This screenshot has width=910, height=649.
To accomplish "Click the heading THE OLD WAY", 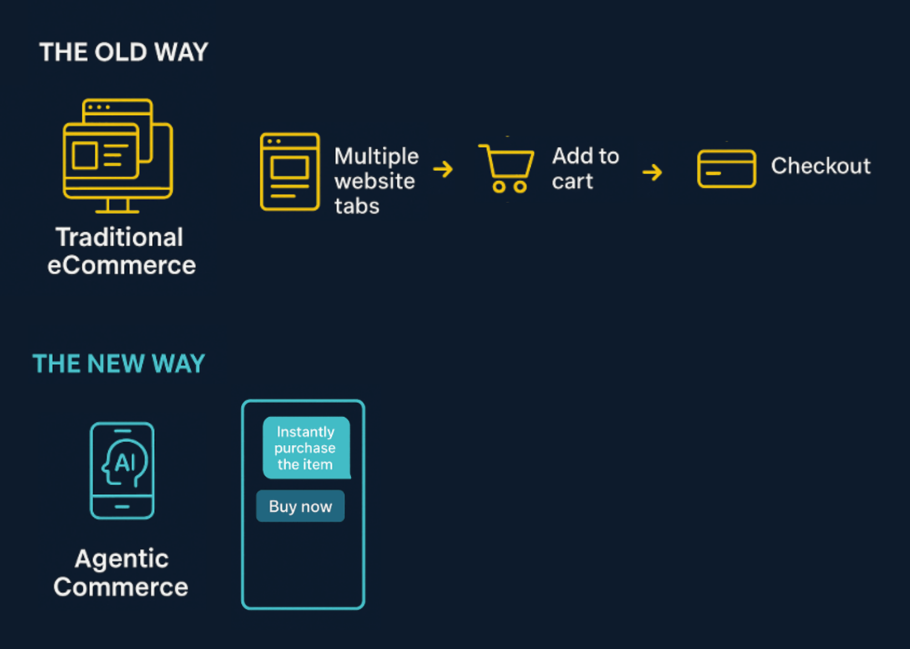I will [x=123, y=52].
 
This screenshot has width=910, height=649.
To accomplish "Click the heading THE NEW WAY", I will [x=118, y=364].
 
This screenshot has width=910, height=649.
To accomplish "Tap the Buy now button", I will [x=300, y=506].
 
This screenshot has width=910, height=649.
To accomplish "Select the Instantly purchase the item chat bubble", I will [x=306, y=448].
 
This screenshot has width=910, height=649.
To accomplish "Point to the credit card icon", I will [x=727, y=168].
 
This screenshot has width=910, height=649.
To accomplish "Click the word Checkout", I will [x=821, y=165].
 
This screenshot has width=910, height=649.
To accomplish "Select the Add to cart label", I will [x=585, y=168].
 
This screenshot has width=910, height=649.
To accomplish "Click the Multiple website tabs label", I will [x=376, y=180].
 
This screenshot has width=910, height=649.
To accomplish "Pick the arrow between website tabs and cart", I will [x=443, y=170].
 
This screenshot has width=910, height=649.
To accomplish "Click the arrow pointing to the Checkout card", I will [x=652, y=172].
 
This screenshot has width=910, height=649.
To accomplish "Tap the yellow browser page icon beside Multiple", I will [x=290, y=172].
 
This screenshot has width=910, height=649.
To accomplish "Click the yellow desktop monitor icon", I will [x=117, y=155].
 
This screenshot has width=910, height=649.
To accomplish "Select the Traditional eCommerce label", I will [x=121, y=251].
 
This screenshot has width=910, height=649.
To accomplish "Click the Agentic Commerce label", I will [x=121, y=572].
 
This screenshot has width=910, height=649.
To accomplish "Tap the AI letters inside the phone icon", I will [x=125, y=463].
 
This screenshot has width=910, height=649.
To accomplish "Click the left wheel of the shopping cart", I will [x=499, y=186].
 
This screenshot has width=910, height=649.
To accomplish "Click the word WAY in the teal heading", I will [x=178, y=364].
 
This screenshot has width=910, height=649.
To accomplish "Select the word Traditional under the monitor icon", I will [x=119, y=237].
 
